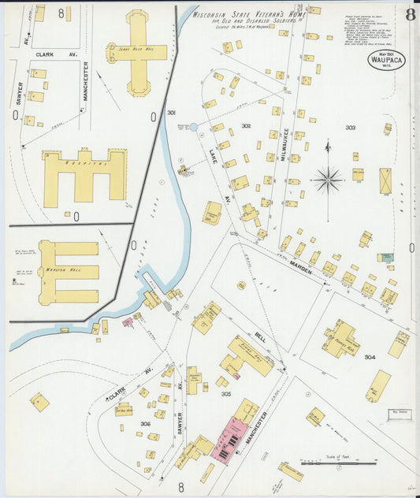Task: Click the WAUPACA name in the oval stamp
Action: (387, 60)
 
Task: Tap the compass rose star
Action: (327, 180)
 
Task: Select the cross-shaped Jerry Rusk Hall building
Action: (138, 51)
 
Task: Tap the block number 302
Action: (247, 126)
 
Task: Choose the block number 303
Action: (350, 127)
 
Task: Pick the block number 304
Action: (370, 356)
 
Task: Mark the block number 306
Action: (145, 424)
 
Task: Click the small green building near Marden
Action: (385, 258)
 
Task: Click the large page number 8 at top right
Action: (411, 14)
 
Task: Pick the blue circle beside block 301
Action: (193, 126)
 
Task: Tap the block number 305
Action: (226, 394)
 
